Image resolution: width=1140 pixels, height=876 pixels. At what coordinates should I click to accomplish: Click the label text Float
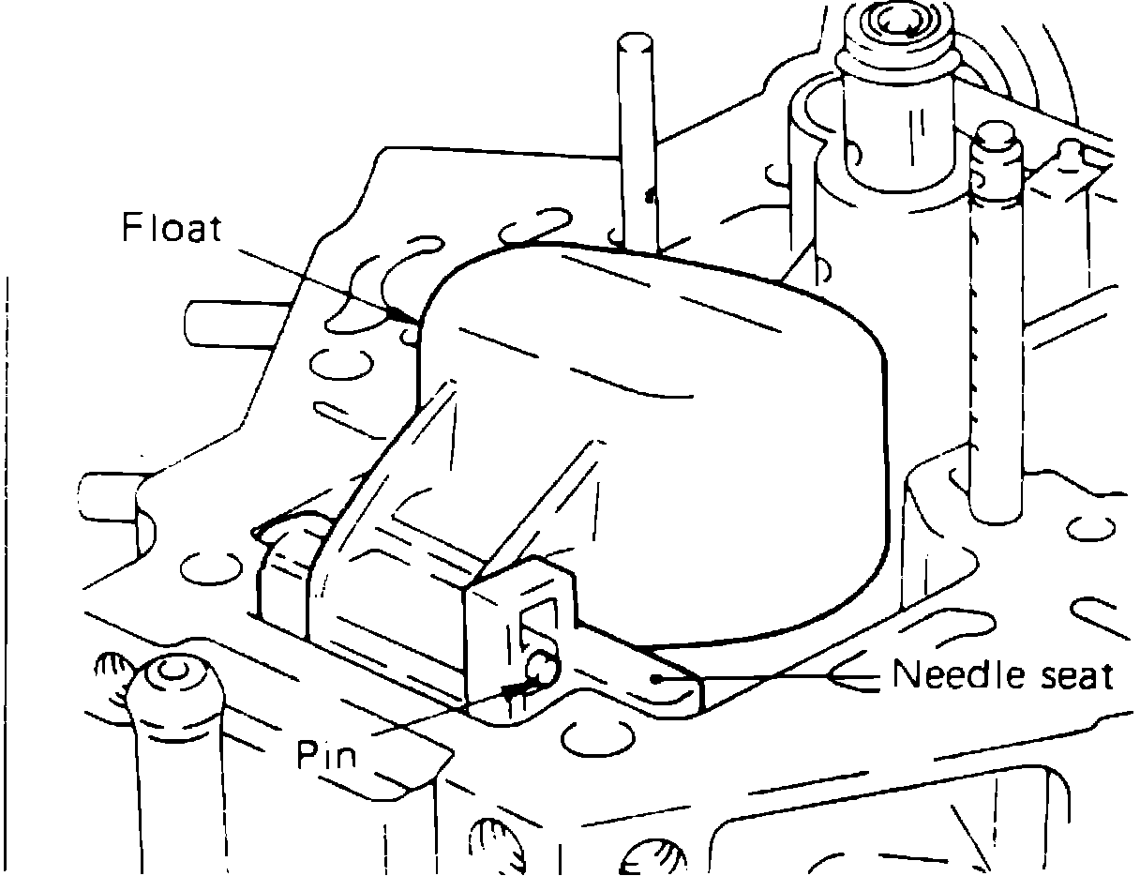click(172, 228)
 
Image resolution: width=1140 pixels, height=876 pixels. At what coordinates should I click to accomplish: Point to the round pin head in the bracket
click(542, 667)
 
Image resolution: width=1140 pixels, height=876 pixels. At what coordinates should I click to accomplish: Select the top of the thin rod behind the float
click(634, 45)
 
